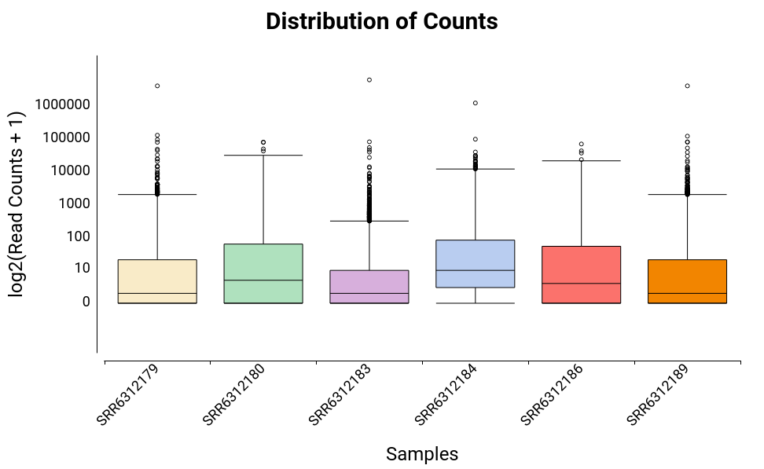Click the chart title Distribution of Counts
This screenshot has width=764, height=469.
click(381, 21)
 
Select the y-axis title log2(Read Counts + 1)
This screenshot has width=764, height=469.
click(17, 204)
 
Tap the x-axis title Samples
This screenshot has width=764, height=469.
click(422, 453)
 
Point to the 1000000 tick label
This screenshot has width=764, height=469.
click(62, 104)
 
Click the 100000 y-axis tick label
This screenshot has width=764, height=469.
click(65, 137)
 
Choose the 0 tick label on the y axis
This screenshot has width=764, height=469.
click(86, 302)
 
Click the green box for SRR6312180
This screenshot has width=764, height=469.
click(263, 273)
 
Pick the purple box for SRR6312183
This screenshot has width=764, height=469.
click(369, 287)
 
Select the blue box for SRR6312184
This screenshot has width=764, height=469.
click(476, 264)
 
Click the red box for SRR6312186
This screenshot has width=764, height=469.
click(582, 275)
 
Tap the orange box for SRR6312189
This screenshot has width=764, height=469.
click(687, 281)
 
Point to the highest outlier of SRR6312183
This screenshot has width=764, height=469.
click(369, 80)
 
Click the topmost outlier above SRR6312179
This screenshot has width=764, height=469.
click(157, 86)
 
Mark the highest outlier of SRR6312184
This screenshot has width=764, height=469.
click(476, 103)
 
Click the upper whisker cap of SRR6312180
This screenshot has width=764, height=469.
click(263, 156)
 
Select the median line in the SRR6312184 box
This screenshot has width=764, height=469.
click(476, 270)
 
